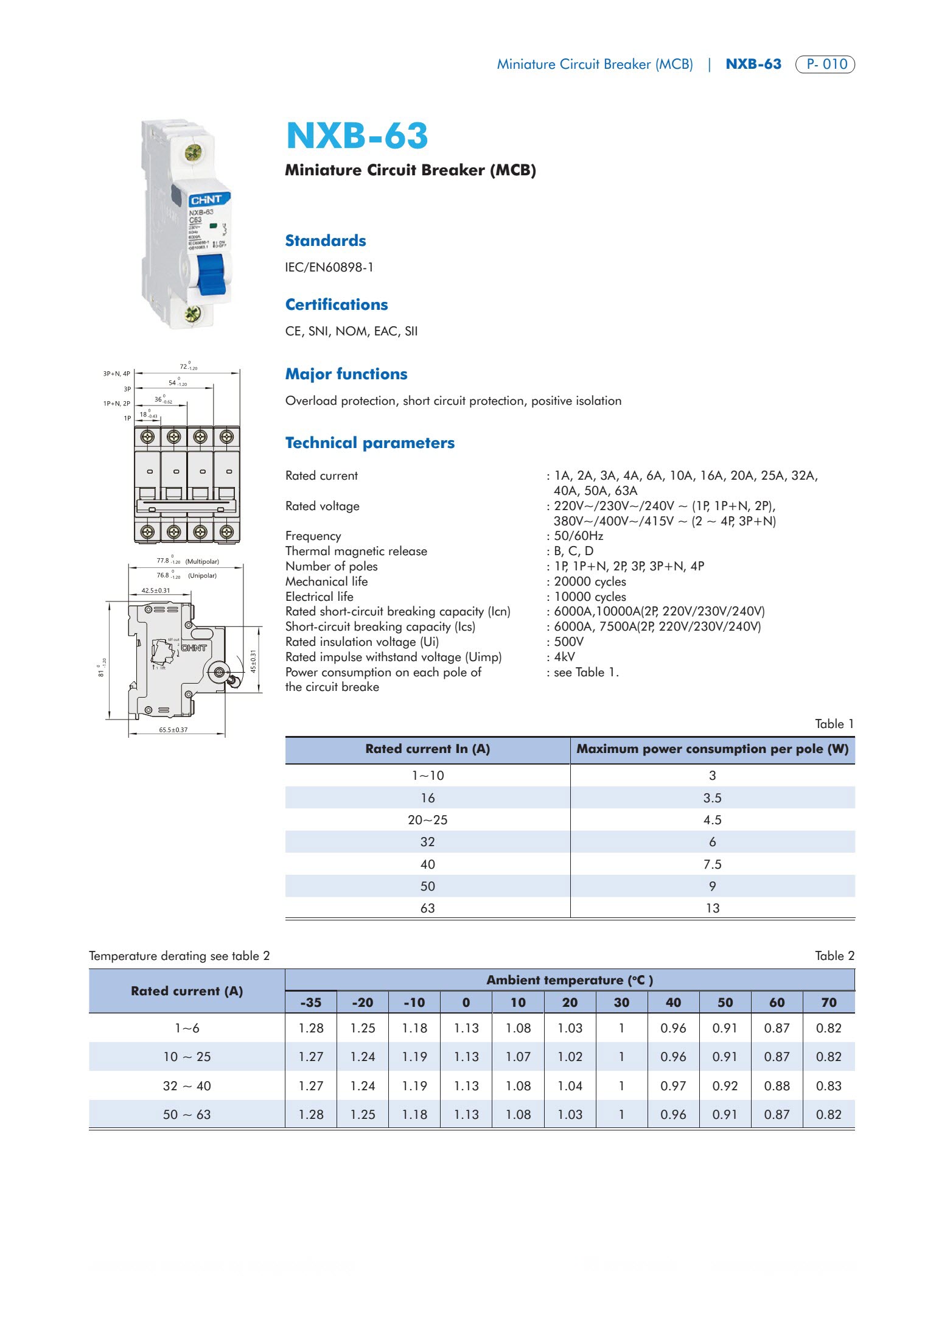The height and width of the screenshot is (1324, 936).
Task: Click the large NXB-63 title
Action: click(357, 135)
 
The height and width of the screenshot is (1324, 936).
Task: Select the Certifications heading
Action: click(337, 304)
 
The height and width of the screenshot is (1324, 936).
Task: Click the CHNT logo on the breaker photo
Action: click(206, 200)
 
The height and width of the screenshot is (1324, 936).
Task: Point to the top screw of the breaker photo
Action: click(193, 152)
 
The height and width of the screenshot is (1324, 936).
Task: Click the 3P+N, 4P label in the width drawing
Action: click(116, 374)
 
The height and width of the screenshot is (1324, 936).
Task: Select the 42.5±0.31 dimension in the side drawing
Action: click(156, 590)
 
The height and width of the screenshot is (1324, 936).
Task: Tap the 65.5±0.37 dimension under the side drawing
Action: click(173, 730)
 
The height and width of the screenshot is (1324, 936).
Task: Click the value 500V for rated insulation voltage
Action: click(568, 642)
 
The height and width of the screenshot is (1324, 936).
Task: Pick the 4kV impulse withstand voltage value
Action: click(564, 657)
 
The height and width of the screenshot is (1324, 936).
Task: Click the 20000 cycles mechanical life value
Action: click(590, 581)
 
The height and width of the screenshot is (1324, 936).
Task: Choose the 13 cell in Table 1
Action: click(712, 908)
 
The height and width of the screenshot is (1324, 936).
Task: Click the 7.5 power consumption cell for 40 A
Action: click(712, 864)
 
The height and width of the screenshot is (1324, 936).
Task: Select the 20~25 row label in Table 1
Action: click(427, 820)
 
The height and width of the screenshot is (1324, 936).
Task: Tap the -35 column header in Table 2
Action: click(310, 1003)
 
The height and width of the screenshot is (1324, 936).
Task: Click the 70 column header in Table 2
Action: click(828, 1003)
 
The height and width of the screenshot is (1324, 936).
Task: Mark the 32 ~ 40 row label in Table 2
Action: click(187, 1086)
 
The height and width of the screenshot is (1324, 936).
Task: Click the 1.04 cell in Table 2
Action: click(570, 1086)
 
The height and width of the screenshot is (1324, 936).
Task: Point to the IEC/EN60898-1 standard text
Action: click(329, 267)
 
